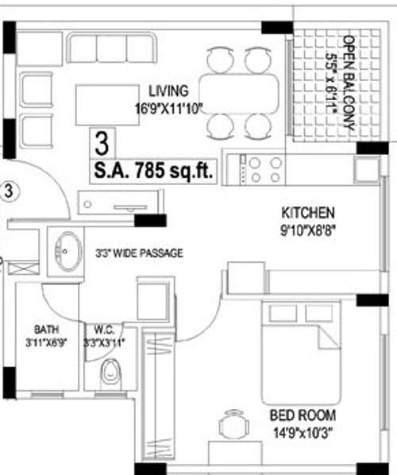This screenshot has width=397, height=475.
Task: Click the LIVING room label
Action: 168,90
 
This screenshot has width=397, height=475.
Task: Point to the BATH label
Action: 46,329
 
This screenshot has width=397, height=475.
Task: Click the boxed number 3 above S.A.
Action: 101,145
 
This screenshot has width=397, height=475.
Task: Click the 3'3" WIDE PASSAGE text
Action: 139,253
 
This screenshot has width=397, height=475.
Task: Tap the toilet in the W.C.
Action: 112,373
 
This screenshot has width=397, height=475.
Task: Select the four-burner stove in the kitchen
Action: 265,168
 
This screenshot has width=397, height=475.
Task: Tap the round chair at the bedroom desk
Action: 231,425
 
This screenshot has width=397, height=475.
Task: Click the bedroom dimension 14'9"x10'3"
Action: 303,431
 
